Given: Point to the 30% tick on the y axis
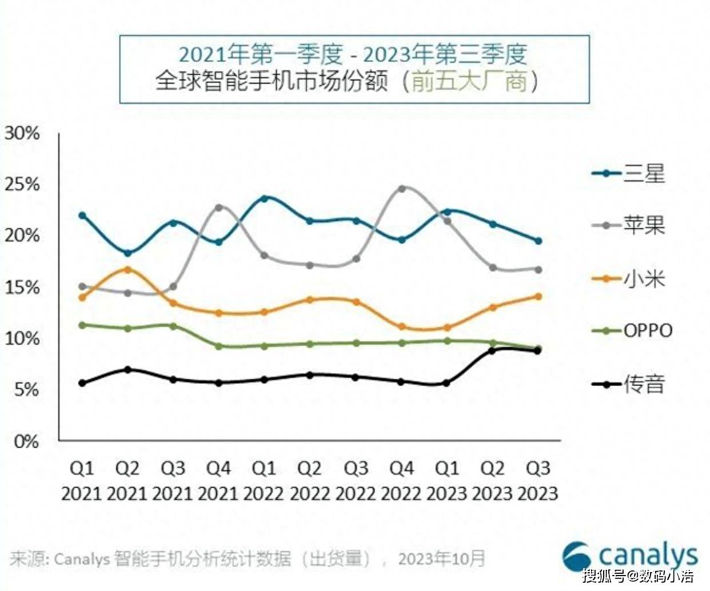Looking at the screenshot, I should [x=22, y=133].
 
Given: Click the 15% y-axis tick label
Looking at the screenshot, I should [x=22, y=287].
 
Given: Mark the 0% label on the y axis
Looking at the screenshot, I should [x=26, y=441].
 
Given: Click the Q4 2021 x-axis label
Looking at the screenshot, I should [x=218, y=481].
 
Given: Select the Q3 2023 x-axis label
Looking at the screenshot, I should [x=538, y=481].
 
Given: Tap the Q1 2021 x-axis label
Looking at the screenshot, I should [x=82, y=481].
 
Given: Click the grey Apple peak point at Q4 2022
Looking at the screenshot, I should [x=401, y=188].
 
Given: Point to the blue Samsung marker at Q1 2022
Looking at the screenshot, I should [x=264, y=198].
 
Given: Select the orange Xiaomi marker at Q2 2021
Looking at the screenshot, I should [x=127, y=269].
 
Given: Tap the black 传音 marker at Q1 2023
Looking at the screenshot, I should [x=446, y=383].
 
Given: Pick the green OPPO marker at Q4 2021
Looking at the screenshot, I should [x=218, y=346].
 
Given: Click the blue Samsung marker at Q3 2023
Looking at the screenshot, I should [x=538, y=241].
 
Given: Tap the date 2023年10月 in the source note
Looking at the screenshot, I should [x=441, y=558].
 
